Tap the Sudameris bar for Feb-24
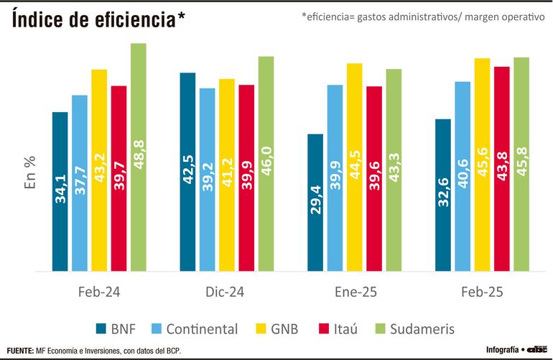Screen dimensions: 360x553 click(x=139, y=157)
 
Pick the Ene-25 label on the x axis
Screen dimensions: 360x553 click(x=354, y=293)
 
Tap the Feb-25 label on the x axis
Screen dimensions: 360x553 click(x=482, y=293)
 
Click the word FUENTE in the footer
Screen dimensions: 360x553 click(x=20, y=351)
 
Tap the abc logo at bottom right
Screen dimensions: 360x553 click(x=537, y=350)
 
